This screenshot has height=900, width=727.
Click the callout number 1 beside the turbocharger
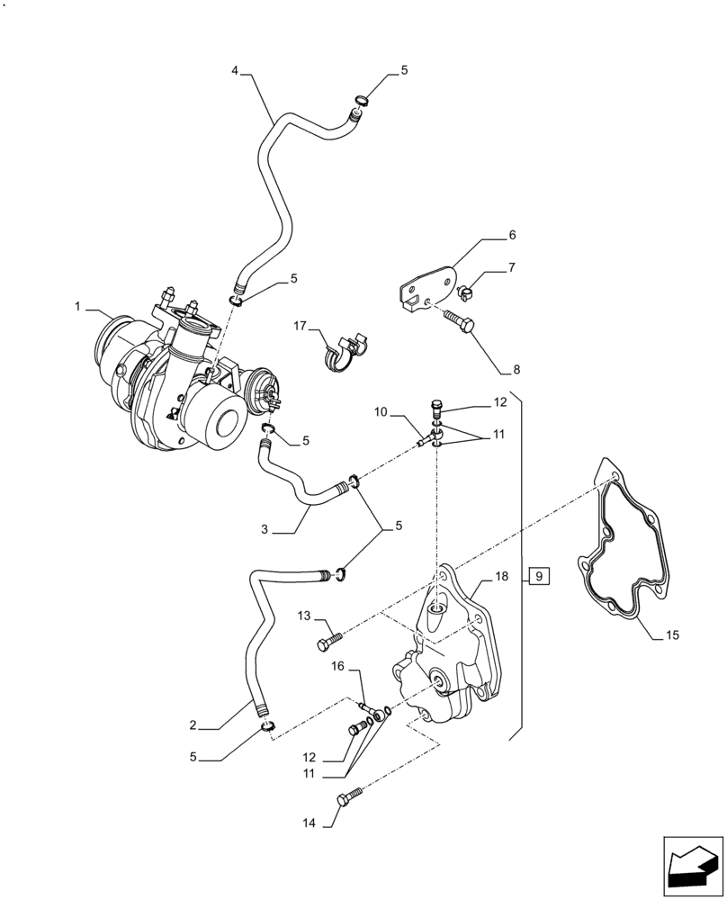click(x=79, y=307)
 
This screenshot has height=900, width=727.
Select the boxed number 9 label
click(x=537, y=576)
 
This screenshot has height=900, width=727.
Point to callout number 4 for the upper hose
click(x=235, y=69)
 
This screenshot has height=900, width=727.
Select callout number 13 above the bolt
click(x=305, y=616)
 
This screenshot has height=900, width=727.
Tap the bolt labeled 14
click(x=350, y=797)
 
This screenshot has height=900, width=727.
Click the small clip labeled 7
click(x=467, y=291)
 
